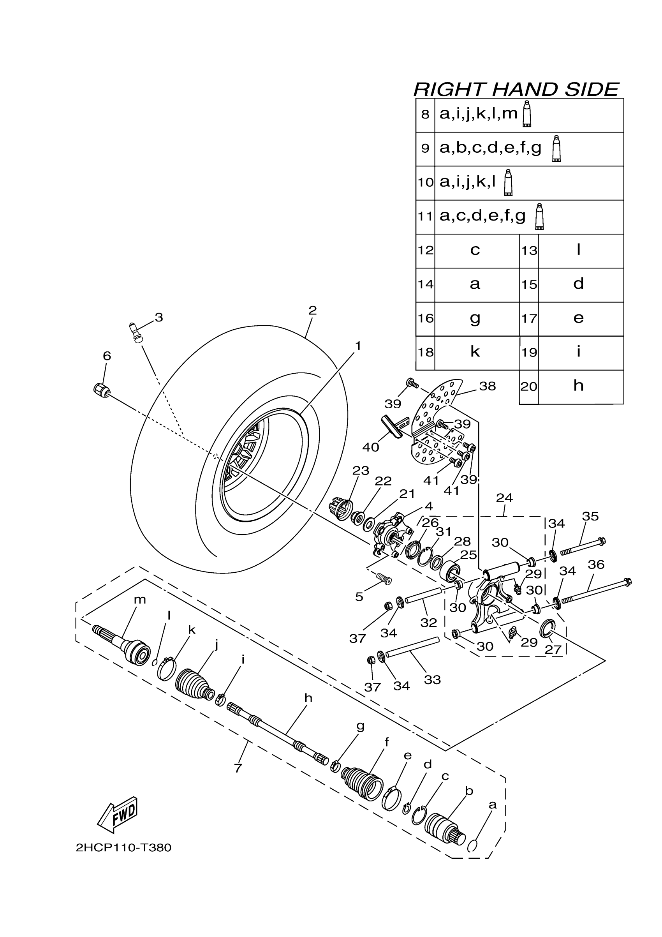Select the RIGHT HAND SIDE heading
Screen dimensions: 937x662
click(x=516, y=89)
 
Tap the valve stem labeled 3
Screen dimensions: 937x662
click(x=136, y=332)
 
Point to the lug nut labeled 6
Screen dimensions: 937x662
click(x=101, y=390)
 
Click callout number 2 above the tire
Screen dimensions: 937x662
click(x=312, y=311)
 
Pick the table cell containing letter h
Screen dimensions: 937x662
click(x=578, y=386)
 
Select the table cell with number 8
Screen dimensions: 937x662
click(x=425, y=115)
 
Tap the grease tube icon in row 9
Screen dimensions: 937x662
click(x=556, y=149)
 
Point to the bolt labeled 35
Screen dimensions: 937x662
click(x=583, y=547)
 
